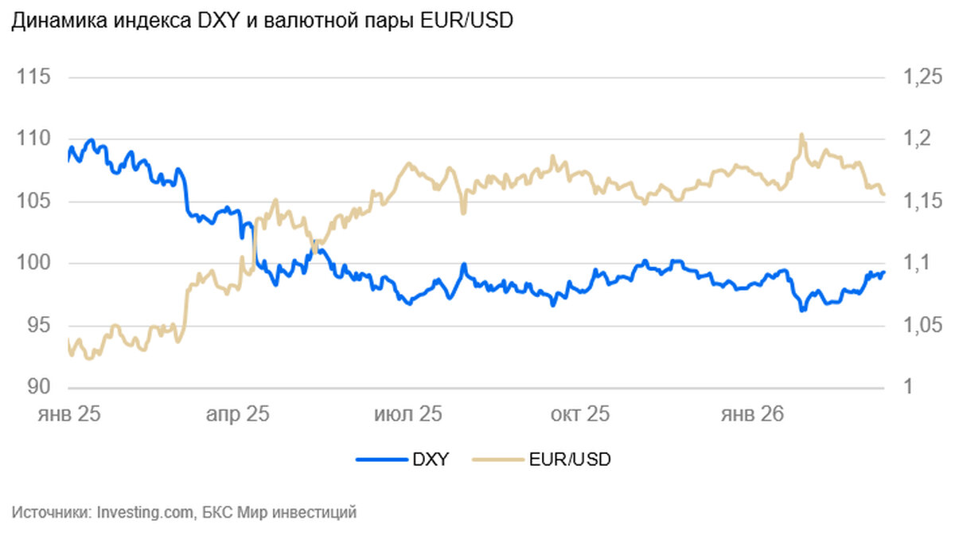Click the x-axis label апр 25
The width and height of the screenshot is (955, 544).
[x=238, y=414]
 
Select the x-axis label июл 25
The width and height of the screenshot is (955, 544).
[x=408, y=414]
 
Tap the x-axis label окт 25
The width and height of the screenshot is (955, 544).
[x=580, y=414]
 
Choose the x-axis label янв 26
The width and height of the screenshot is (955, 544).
[x=752, y=414]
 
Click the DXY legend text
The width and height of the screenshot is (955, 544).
[x=431, y=459]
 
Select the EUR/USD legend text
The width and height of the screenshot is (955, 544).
[x=570, y=459]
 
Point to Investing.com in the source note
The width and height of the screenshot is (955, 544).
[x=145, y=512]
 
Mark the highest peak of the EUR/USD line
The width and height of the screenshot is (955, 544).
[x=801, y=135]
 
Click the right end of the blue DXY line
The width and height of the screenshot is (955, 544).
[x=883, y=272]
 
